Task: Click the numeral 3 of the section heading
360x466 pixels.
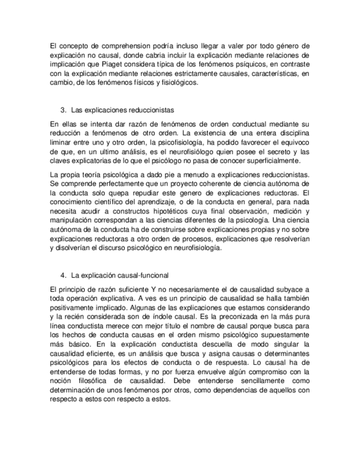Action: tap(63, 110)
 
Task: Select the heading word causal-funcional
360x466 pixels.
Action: tap(141, 275)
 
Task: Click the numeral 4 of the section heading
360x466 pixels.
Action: tap(63, 275)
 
